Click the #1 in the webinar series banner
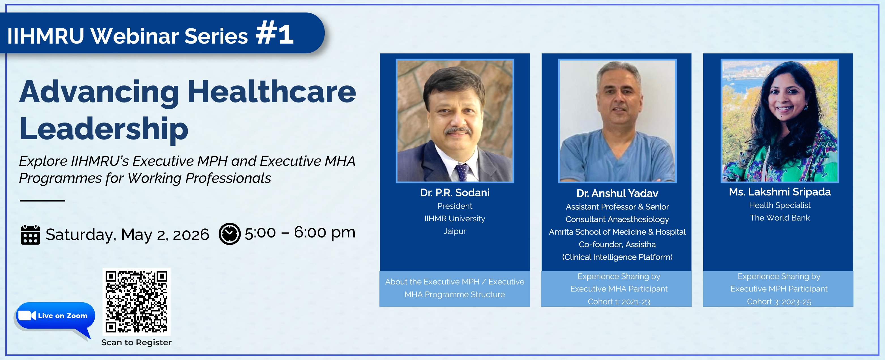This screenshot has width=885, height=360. (x=275, y=33)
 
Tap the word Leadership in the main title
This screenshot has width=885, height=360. (x=104, y=129)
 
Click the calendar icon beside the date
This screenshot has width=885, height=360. (x=30, y=235)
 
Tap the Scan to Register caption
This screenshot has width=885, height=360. (x=136, y=342)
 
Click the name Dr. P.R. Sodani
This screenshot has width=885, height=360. (x=454, y=193)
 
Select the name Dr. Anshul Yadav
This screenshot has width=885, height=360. (x=617, y=193)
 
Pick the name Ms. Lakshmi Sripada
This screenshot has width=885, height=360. (x=779, y=192)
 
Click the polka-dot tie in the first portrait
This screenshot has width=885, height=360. (x=462, y=172)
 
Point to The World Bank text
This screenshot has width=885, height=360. (x=779, y=218)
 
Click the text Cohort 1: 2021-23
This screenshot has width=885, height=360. (x=619, y=302)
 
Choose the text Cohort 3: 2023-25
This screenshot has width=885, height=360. (x=779, y=302)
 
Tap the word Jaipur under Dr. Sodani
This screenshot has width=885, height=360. (x=454, y=231)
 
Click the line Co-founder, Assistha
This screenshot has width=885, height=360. (x=617, y=245)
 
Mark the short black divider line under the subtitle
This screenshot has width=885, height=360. (x=42, y=200)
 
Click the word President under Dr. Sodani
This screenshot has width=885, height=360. (x=454, y=206)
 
